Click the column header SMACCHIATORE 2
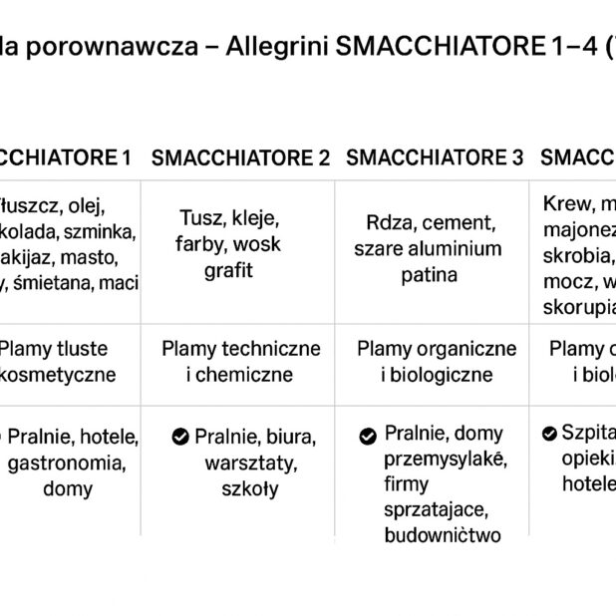240,157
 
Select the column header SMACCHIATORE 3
434,157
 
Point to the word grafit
229,270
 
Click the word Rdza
386,222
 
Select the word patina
430,274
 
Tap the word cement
462,222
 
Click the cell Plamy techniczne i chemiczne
240,362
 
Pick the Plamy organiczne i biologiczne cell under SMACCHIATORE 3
436,362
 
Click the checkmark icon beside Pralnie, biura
180,437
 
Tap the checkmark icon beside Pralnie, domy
368,436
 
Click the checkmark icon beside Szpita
549,434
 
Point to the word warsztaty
242,462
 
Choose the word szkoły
249,488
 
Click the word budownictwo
442,535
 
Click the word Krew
566,204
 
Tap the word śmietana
53,283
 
